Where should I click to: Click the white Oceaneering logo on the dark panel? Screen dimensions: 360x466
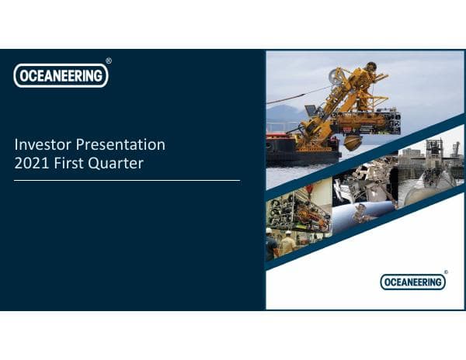(x=61, y=75)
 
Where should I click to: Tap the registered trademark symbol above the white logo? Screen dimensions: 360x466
(x=108, y=61)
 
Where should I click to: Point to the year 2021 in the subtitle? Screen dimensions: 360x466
(x=30, y=163)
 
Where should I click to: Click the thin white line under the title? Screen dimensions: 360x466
(x=127, y=180)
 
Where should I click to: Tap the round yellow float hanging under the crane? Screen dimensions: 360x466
(x=351, y=143)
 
